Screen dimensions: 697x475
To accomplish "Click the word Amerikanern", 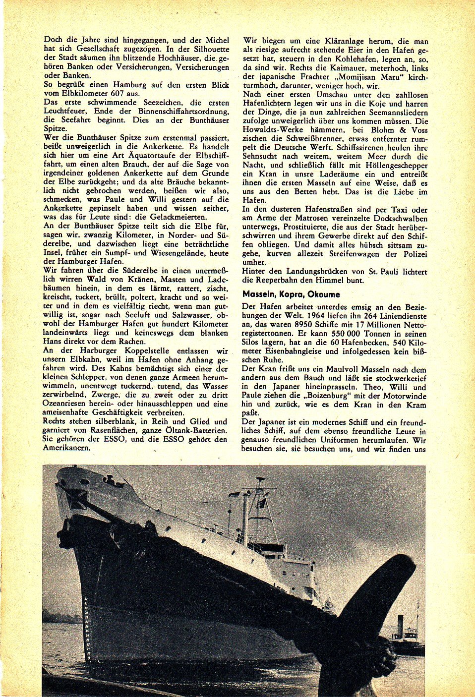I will [x=67, y=448].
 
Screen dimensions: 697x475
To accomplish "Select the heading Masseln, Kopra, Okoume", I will [x=291, y=294].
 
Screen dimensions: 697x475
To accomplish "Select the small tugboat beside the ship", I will [x=405, y=639].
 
